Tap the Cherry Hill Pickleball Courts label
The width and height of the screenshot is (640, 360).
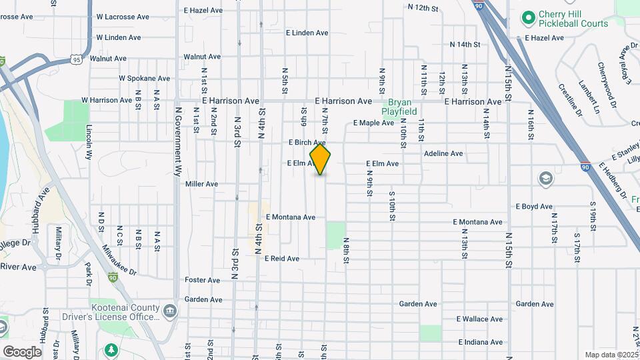(566, 19)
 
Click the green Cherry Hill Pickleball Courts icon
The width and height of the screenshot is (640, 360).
(529, 16)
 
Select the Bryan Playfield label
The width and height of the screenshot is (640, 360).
(399, 107)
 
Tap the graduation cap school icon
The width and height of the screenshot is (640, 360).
(545, 178)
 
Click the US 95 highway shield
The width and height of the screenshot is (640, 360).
(79, 61)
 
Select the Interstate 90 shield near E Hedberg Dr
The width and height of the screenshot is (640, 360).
(585, 167)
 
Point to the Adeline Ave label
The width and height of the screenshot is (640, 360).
(443, 153)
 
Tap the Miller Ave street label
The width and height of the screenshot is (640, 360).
(202, 184)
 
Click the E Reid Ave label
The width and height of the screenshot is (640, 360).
(282, 259)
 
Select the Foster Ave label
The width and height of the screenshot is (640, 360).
(203, 281)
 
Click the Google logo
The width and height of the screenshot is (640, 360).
(22, 351)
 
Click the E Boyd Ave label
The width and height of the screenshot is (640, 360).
(535, 207)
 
